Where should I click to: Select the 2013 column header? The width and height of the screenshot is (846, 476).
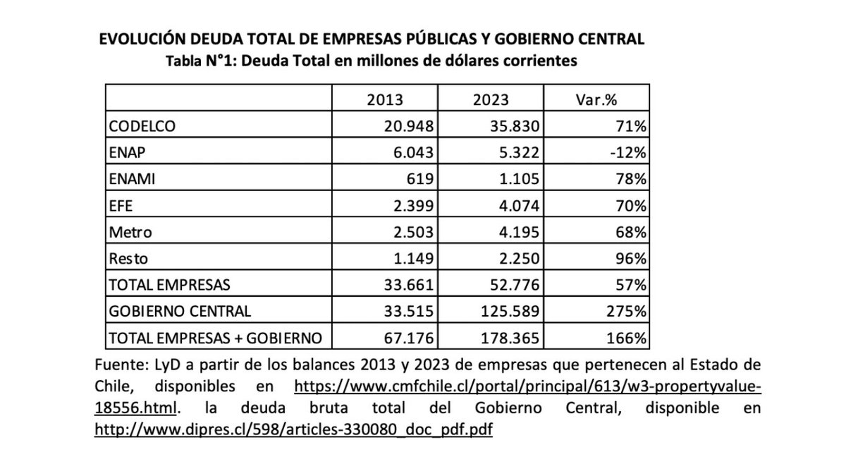click(385, 99)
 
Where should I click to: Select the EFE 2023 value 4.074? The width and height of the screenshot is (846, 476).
click(513, 205)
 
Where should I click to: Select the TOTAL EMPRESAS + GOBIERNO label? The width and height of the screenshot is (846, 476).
click(214, 338)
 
